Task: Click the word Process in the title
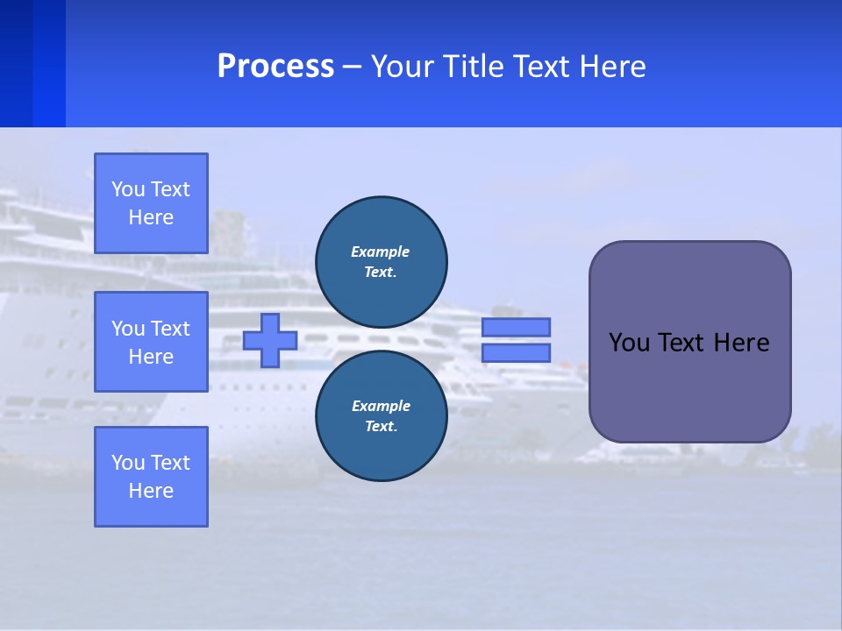(x=275, y=67)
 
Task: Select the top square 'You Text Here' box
(x=151, y=203)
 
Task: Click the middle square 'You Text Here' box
(x=151, y=342)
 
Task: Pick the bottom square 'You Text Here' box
(x=151, y=477)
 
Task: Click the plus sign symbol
(x=270, y=340)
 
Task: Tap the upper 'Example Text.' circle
(x=382, y=261)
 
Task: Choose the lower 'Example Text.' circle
(x=382, y=415)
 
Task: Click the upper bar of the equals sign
(x=516, y=327)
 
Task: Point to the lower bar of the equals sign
(x=516, y=352)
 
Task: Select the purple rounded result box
(x=689, y=342)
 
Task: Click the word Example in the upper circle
(x=380, y=252)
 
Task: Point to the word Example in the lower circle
(x=381, y=406)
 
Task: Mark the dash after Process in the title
(x=352, y=67)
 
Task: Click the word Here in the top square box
(x=151, y=217)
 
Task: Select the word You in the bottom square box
(x=128, y=463)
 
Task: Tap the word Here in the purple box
(x=741, y=343)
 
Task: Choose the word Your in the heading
(x=400, y=67)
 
